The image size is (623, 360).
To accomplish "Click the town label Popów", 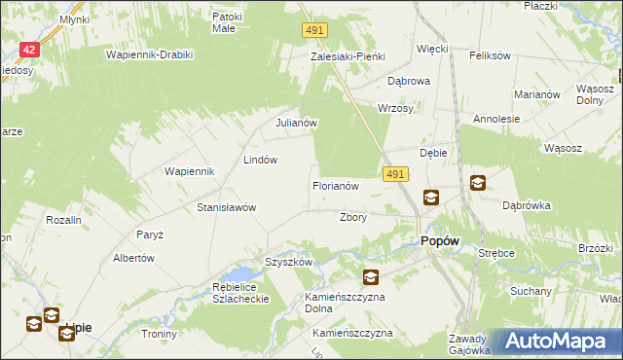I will (x=439, y=243).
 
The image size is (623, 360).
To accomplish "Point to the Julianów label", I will (x=296, y=124).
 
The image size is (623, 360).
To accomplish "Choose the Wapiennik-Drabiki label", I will (x=146, y=54).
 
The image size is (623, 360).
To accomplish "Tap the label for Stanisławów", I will (x=226, y=208).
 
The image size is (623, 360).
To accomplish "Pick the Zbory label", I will (x=352, y=218).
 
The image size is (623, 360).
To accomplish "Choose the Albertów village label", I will (x=134, y=258).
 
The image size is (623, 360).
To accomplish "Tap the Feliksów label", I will (x=490, y=56).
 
